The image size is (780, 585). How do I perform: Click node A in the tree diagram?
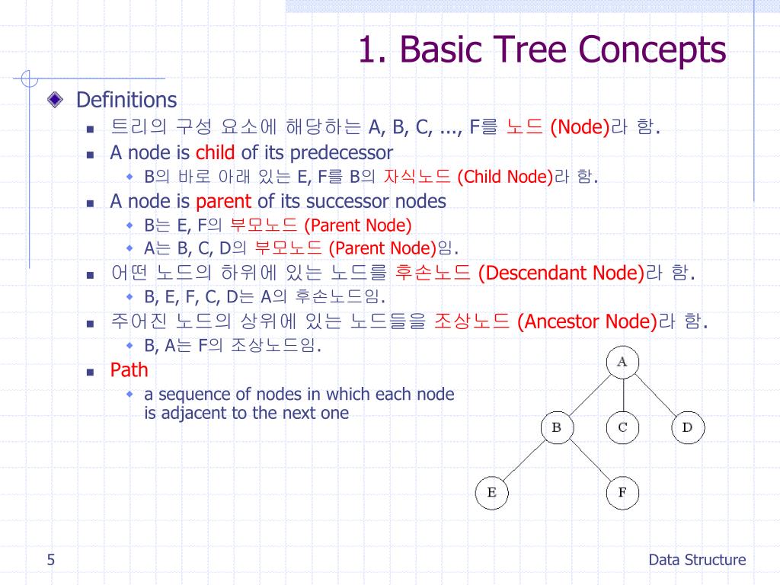click(x=622, y=362)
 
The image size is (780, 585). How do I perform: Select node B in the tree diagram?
click(x=556, y=427)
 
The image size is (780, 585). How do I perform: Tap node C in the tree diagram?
click(x=622, y=427)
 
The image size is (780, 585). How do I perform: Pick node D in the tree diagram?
click(x=687, y=427)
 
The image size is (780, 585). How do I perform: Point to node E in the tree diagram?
click(x=491, y=494)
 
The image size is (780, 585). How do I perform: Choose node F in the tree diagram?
click(x=622, y=494)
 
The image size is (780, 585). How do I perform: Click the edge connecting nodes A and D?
click(x=655, y=395)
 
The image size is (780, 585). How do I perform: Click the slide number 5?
click(x=50, y=561)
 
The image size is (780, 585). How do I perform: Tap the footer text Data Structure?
click(x=697, y=561)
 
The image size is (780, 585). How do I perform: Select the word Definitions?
click(x=126, y=100)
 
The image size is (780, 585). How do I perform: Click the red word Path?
click(x=129, y=370)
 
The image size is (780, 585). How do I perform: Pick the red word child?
click(x=216, y=152)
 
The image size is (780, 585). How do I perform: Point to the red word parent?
click(x=223, y=201)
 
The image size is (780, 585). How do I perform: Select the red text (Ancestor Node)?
click(x=587, y=321)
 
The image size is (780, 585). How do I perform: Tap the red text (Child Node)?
click(x=505, y=177)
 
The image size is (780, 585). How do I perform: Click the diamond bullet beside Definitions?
click(x=56, y=100)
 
